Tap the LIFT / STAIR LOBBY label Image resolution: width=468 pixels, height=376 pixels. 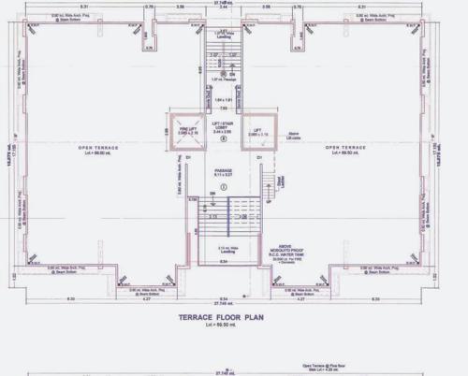(223, 127)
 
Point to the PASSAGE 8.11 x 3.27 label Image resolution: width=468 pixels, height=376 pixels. (224, 172)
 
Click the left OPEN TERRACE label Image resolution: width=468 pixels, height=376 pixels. (97, 148)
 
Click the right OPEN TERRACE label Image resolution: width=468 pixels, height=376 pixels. (345, 148)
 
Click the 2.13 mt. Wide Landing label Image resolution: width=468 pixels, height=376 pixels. (224, 250)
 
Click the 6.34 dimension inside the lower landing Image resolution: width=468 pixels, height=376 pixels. (224, 261)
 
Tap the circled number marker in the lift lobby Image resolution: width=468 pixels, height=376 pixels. (223, 140)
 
